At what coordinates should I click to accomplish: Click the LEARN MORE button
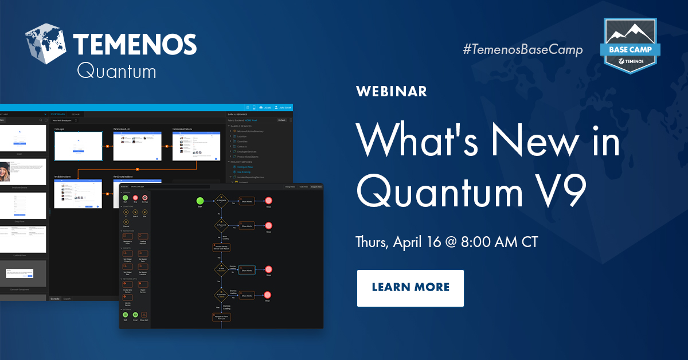(410, 288)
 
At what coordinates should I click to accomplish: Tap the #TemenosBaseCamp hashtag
(522, 50)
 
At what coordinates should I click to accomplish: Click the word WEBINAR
(392, 92)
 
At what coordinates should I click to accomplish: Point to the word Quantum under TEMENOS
(116, 71)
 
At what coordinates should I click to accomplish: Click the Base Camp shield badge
(630, 46)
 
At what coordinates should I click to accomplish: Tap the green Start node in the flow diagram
(200, 201)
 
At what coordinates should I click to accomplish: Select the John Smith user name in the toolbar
(285, 107)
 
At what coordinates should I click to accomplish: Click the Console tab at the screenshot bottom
(55, 299)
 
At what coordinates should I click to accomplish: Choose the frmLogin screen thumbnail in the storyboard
(79, 146)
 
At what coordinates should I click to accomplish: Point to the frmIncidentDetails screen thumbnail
(196, 145)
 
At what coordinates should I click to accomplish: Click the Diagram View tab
(316, 187)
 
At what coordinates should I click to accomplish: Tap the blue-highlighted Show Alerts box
(247, 270)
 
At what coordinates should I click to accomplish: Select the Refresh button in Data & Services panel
(282, 120)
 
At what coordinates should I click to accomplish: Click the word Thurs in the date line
(372, 241)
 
